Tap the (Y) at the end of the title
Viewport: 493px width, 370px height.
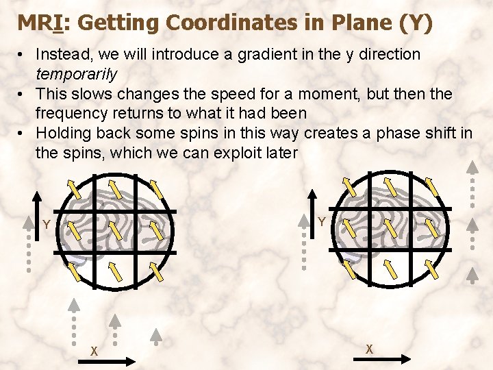tap(416, 23)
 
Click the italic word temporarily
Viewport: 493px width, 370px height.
tap(77, 73)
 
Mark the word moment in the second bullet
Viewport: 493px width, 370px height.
tap(325, 93)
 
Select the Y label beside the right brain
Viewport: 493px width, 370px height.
tap(321, 222)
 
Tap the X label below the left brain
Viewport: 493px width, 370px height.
tap(95, 351)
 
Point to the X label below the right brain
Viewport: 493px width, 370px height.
tap(369, 349)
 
